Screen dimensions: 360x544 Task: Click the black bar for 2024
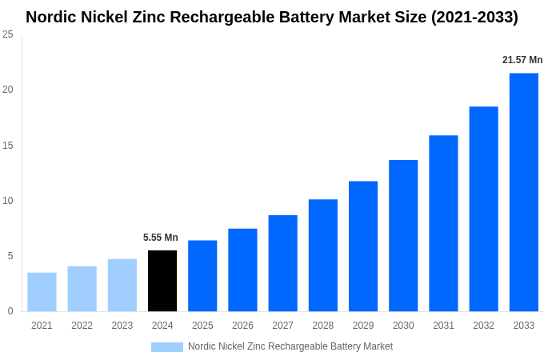(162, 281)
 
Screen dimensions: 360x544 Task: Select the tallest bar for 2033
(523, 192)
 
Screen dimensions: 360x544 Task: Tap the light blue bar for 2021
(42, 292)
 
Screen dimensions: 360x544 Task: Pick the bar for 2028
(322, 255)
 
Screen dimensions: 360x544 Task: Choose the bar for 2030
(403, 235)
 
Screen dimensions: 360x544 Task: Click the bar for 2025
(202, 276)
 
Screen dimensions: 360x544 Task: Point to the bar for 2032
(483, 209)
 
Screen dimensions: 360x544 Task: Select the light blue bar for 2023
(122, 285)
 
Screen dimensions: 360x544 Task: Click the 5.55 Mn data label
(161, 238)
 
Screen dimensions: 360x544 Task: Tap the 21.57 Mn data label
(522, 60)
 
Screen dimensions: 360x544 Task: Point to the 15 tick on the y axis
(8, 145)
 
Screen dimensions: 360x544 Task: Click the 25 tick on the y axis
(8, 34)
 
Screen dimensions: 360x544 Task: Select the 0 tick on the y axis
(10, 311)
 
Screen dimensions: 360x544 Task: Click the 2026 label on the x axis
(242, 326)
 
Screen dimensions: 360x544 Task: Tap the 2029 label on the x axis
(363, 326)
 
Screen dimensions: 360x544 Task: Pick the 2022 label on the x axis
(82, 326)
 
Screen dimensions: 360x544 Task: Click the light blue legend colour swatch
(166, 347)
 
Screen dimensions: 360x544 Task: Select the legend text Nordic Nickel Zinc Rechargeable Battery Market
(290, 346)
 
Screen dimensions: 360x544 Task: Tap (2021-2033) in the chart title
(474, 17)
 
